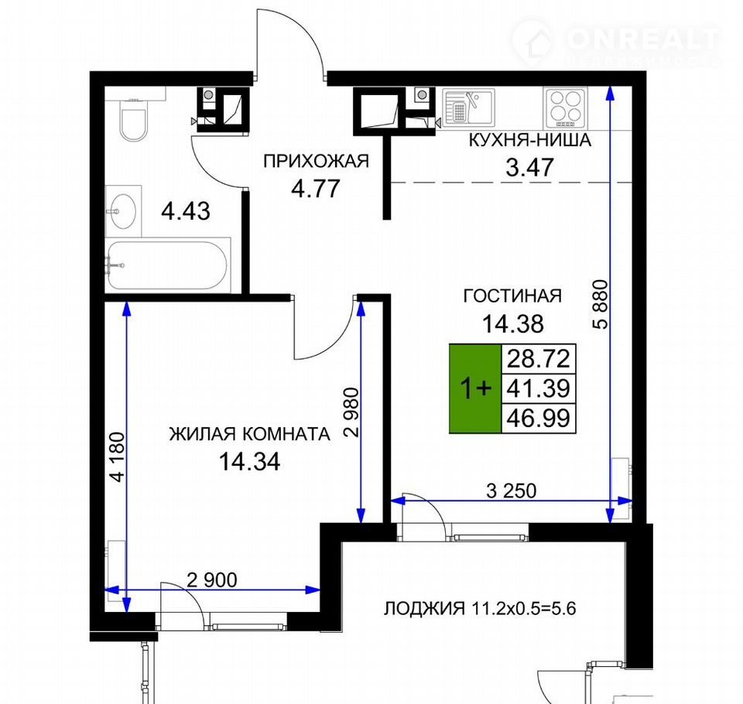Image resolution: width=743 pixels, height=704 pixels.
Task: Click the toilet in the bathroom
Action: (x=133, y=122)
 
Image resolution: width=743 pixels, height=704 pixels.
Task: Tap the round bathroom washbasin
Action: (x=123, y=211)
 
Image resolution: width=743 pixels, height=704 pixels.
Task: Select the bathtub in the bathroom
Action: (x=168, y=265)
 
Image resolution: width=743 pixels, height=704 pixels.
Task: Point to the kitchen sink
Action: (x=469, y=106)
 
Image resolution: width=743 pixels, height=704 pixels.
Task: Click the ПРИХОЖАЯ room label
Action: (x=316, y=162)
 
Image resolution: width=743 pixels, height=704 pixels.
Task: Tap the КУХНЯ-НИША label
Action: (x=529, y=140)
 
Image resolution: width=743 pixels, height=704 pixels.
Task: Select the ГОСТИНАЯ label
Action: (x=512, y=296)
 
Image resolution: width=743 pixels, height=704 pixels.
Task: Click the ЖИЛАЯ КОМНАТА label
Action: (x=249, y=434)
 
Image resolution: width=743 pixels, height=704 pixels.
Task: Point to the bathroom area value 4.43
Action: (x=186, y=211)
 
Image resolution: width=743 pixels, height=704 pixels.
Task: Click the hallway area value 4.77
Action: (x=316, y=188)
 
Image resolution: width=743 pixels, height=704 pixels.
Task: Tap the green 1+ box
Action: (x=475, y=388)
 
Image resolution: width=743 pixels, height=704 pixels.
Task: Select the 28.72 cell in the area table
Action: (x=539, y=359)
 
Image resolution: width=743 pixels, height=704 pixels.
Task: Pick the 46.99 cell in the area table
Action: (x=539, y=419)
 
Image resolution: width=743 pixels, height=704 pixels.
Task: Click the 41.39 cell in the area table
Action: (x=539, y=388)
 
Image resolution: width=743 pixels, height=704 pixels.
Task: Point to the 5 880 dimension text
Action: (x=599, y=304)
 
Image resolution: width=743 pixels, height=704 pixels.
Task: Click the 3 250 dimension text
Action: (x=512, y=490)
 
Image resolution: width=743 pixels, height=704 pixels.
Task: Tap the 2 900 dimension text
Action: (x=212, y=580)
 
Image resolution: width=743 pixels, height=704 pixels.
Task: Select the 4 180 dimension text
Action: (x=118, y=456)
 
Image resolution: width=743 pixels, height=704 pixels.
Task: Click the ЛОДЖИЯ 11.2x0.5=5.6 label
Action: (x=480, y=608)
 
